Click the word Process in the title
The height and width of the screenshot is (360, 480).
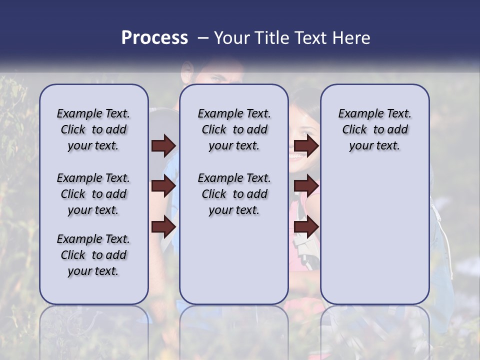[x=154, y=38]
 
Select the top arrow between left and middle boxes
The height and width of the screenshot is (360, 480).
[x=163, y=146]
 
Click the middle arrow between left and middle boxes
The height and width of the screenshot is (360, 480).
[x=163, y=186]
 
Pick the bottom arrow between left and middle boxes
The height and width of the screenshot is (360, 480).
[x=163, y=226]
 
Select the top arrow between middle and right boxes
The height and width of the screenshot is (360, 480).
[x=306, y=146]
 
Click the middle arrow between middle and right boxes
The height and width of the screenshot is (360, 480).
[x=306, y=186]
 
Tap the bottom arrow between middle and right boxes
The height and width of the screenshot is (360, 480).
[x=306, y=226]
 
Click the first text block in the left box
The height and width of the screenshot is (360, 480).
[x=93, y=129]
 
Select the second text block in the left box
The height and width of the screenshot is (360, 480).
[x=93, y=194]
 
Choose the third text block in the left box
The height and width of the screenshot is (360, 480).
[x=93, y=255]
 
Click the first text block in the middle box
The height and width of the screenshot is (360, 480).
[x=234, y=129]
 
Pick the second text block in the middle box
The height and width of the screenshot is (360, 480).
[x=234, y=194]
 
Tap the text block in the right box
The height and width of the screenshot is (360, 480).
[x=374, y=129]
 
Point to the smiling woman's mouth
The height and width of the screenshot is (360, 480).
[x=297, y=156]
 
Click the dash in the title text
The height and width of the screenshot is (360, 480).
[x=203, y=38]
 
